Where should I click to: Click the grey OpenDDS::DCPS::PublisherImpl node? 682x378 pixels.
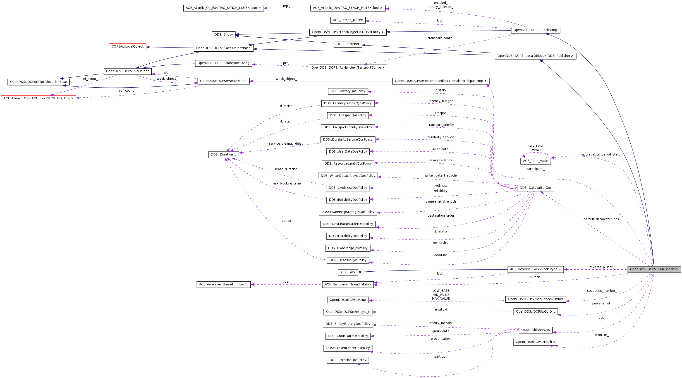[x=654, y=269]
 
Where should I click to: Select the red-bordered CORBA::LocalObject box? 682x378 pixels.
[x=127, y=47]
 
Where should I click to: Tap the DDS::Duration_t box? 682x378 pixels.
[x=223, y=155]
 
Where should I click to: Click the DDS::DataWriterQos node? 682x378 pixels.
[x=535, y=188]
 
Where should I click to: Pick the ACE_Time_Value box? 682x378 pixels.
[x=535, y=161]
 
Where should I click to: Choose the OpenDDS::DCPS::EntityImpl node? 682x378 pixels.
[x=535, y=30]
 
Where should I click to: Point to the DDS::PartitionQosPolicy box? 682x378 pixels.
[x=348, y=360]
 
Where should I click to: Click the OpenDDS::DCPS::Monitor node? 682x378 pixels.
[x=535, y=342]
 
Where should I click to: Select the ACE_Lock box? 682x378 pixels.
[x=348, y=272]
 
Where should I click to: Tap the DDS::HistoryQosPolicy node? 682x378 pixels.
[x=348, y=91]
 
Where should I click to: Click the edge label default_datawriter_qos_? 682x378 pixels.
[x=601, y=219]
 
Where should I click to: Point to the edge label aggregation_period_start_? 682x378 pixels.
[x=601, y=155]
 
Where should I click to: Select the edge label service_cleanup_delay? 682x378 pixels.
[x=286, y=144]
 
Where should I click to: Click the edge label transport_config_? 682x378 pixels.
[x=440, y=38]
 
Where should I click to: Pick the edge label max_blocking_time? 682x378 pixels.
[x=286, y=183]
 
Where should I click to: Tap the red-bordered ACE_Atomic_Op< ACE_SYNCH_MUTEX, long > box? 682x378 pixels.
[x=38, y=98]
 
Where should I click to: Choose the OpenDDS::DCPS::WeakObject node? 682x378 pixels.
[x=223, y=81]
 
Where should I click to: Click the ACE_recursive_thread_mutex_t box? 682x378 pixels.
[x=223, y=285]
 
